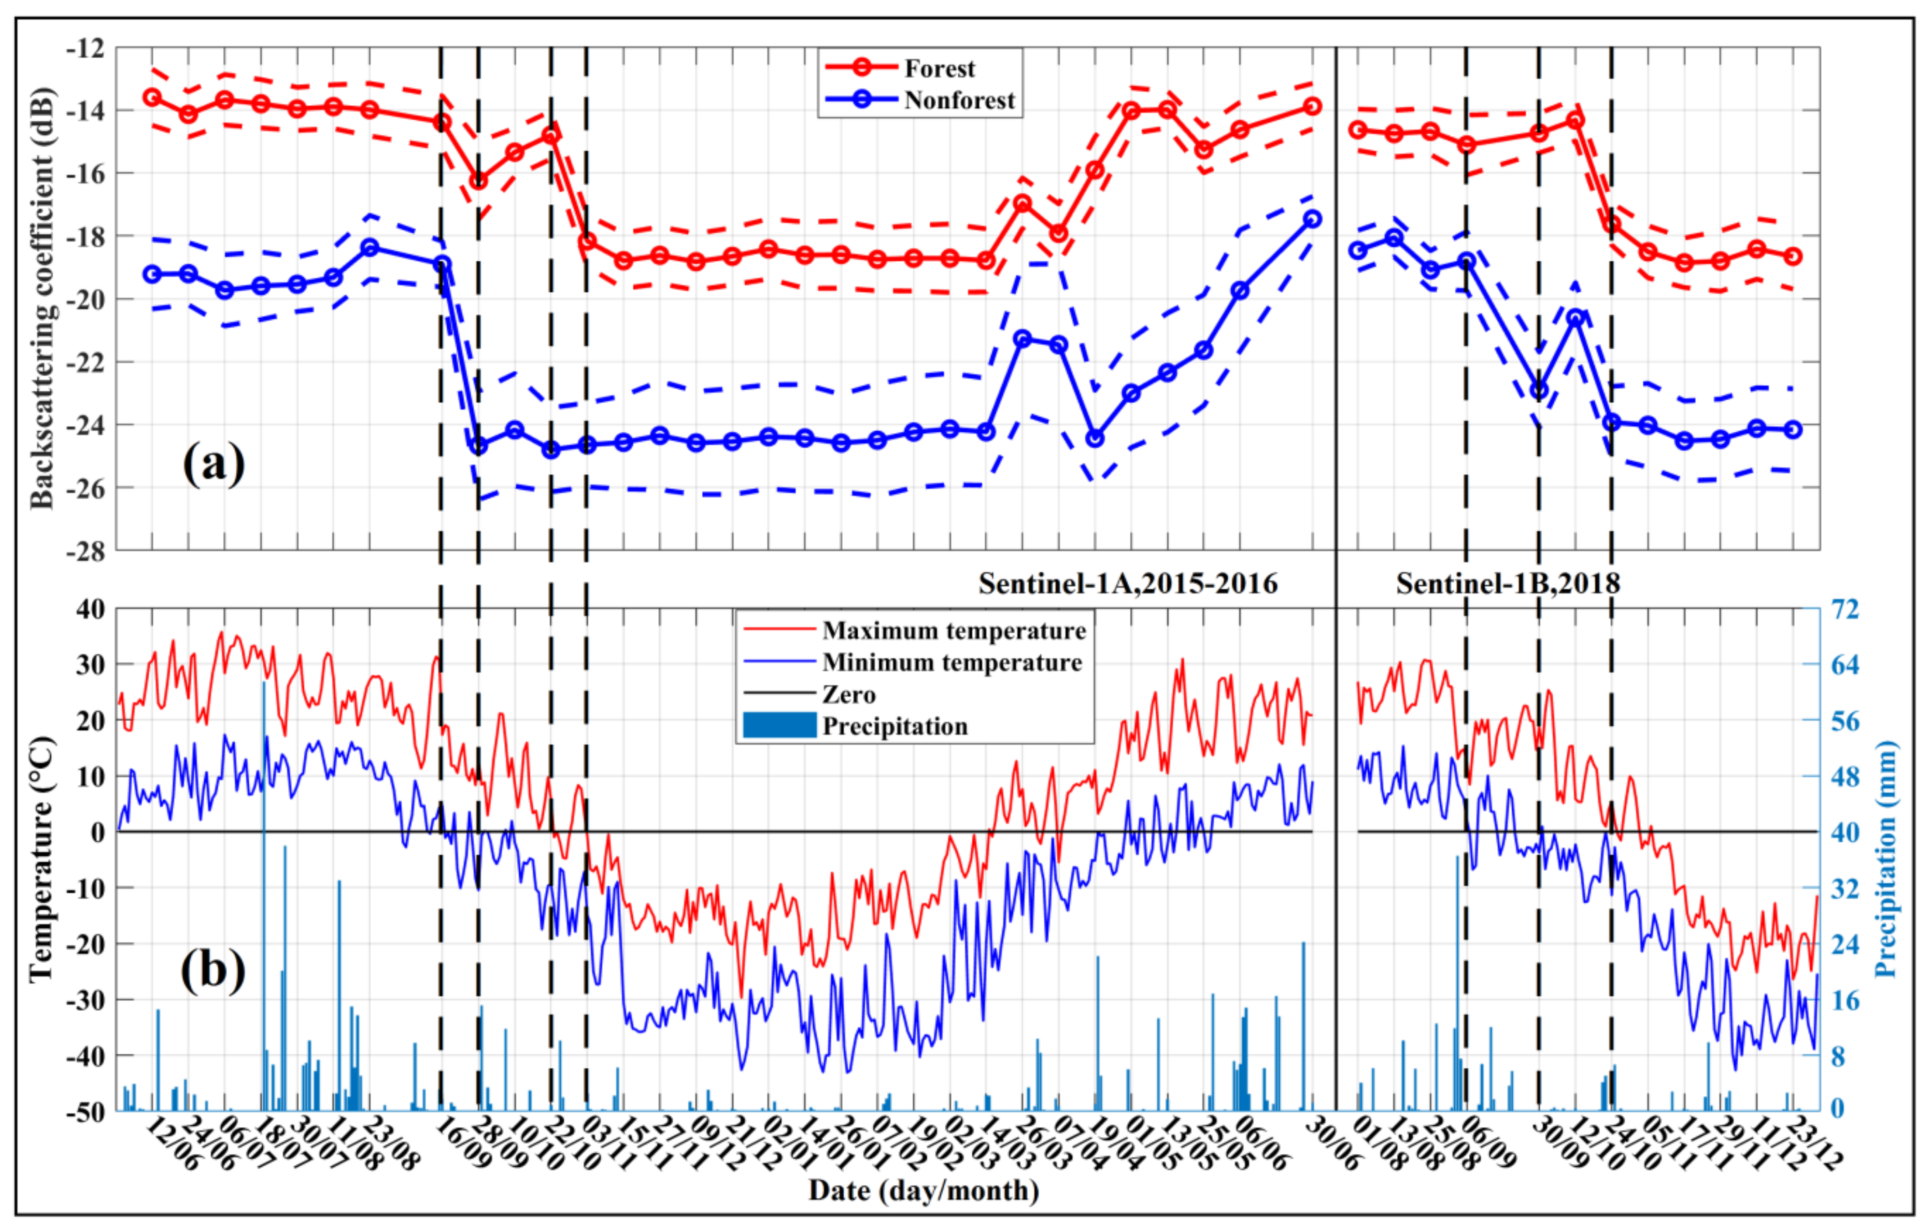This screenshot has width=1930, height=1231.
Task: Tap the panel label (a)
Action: pyautogui.click(x=213, y=463)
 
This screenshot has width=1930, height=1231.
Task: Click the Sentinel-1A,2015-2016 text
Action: pyautogui.click(x=1128, y=584)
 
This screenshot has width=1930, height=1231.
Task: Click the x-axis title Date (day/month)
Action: pyautogui.click(x=924, y=1191)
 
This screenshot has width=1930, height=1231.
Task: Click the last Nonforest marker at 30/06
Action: pyautogui.click(x=1312, y=219)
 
